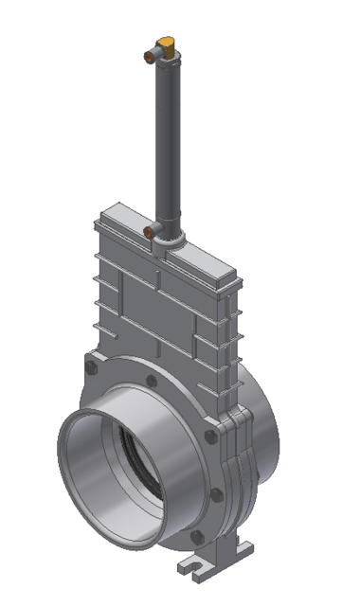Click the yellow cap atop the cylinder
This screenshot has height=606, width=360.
167,43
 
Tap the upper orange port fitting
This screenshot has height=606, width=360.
149,57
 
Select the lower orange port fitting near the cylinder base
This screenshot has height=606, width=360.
149,230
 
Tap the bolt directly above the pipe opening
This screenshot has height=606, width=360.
151,382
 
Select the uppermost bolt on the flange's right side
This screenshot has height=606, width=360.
209,435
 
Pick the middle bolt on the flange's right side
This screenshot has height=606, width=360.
217,494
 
